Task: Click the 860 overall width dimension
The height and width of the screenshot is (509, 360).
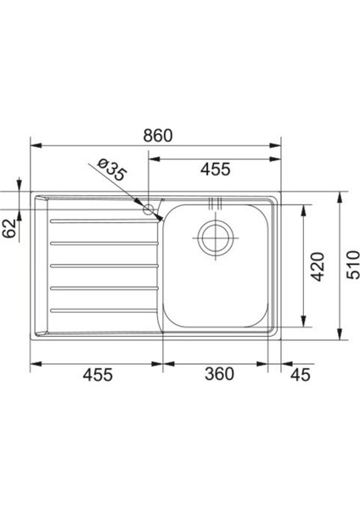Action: [158, 136]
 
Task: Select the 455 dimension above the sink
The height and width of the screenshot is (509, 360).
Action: [216, 169]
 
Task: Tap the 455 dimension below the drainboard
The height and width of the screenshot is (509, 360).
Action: [98, 374]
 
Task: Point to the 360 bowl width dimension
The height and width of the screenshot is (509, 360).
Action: [219, 373]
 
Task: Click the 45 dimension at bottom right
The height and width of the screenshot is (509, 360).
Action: [301, 375]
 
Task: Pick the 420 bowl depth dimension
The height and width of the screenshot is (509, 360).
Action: [318, 266]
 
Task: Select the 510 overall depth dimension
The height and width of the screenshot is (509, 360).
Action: [353, 265]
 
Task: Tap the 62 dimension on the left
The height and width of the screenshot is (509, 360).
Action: [9, 228]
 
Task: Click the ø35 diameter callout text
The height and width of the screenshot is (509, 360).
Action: [111, 170]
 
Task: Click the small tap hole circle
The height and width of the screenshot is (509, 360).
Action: [148, 210]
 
